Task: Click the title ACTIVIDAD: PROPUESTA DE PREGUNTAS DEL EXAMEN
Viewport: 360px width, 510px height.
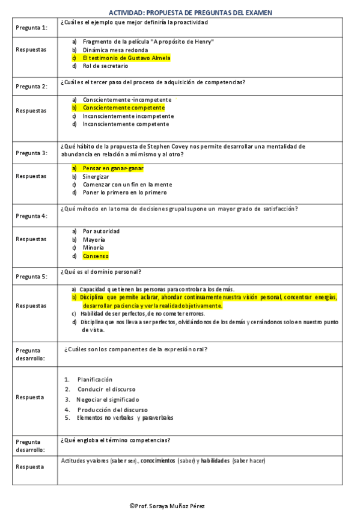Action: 190,12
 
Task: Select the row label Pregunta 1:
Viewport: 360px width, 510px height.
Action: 31,28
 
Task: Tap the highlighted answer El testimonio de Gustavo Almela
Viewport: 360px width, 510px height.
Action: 126,58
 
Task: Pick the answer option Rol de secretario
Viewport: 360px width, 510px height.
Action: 105,66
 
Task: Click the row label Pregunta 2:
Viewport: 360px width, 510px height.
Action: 31,86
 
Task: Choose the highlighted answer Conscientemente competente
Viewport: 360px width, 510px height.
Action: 123,108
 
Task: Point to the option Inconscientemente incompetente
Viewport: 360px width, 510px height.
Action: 128,116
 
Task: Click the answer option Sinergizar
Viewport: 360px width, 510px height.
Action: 96,177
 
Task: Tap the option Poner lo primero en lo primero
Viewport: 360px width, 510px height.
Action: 124,192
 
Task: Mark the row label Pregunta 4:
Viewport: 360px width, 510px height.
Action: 31,216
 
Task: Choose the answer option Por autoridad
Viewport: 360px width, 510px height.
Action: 101,231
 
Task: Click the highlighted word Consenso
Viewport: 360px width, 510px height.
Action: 96,256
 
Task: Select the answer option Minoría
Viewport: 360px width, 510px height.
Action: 93,247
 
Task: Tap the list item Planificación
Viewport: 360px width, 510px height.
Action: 95,379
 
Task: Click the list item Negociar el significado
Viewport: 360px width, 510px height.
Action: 108,399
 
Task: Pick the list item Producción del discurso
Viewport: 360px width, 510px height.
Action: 112,410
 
